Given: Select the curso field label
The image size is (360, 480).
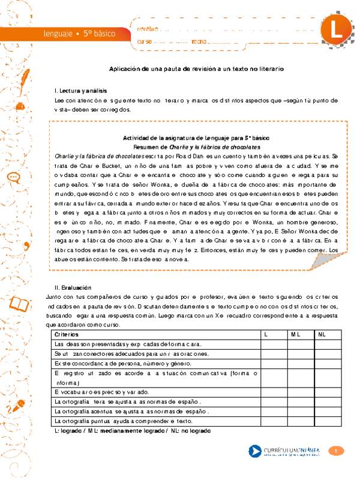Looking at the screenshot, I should coord(145,41).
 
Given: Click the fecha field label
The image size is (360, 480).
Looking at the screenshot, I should coord(198,41).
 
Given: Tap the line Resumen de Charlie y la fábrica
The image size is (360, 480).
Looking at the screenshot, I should coord(196,146).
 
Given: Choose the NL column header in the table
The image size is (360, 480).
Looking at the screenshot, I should coord(322,334).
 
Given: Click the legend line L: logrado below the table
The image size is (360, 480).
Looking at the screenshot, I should coord(132,431).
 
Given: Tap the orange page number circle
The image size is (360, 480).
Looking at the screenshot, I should coord(337,451).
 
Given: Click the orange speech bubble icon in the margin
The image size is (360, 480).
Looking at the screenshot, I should coord(13,160).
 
